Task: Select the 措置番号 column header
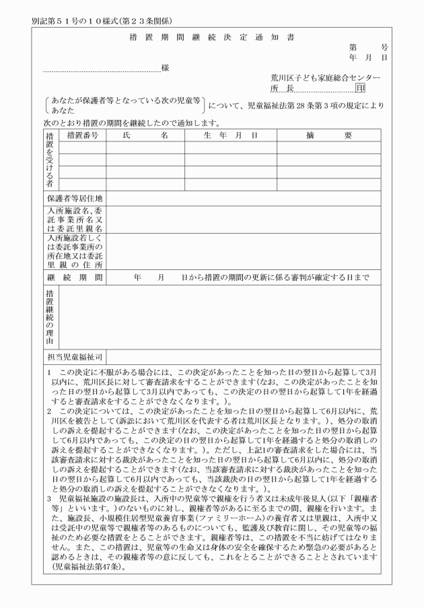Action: [x=83, y=135]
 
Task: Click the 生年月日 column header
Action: [x=230, y=135]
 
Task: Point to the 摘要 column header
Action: [x=329, y=135]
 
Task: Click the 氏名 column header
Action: [x=145, y=135]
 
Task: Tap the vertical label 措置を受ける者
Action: [x=49, y=160]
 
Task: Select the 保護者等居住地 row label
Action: [x=74, y=198]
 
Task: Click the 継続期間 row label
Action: [x=74, y=277]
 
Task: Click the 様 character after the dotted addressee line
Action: [x=165, y=68]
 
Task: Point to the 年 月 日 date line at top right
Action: [x=368, y=58]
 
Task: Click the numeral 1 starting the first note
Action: [x=49, y=372]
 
